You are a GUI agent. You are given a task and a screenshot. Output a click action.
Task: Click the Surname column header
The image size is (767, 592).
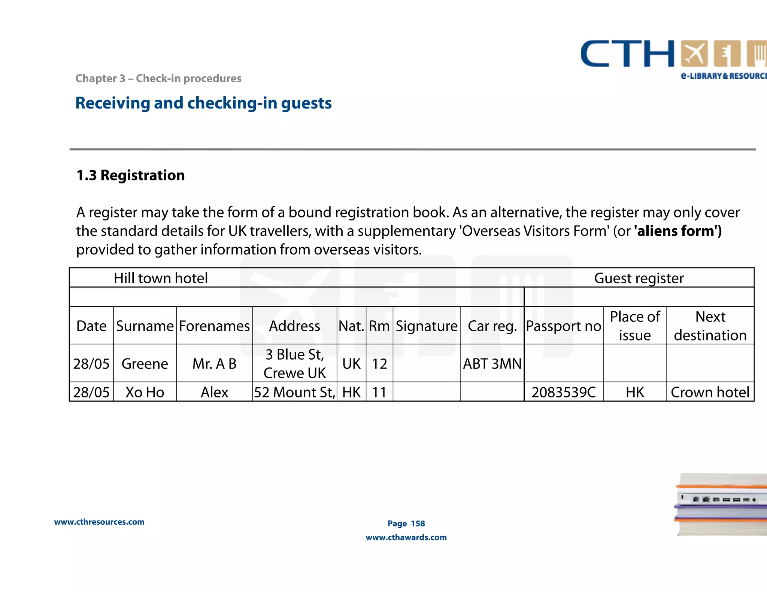145,326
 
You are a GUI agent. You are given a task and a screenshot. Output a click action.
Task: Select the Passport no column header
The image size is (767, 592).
563,326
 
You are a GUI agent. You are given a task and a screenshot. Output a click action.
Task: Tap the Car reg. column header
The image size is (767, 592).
492,326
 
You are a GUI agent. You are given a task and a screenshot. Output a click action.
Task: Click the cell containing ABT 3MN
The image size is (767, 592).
492,364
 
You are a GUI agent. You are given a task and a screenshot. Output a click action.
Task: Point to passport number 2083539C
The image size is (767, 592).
563,392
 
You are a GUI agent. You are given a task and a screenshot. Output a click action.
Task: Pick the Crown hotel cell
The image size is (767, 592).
710,392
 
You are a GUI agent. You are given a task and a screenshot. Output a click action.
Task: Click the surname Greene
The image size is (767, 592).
145,364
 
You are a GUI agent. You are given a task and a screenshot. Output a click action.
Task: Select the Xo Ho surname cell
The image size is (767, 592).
145,392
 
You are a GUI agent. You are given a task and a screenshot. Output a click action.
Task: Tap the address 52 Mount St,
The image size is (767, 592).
295,392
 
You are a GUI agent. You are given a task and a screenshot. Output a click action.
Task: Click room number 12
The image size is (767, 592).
379,364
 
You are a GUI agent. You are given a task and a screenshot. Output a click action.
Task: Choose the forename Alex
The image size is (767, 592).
215,392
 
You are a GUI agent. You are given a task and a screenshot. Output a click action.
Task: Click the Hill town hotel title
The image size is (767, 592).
161,278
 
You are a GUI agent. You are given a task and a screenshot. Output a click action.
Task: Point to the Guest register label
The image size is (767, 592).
639,278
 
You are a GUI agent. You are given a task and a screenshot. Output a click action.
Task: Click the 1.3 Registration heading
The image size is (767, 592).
131,175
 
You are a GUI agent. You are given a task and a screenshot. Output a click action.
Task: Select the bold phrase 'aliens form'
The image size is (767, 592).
677,231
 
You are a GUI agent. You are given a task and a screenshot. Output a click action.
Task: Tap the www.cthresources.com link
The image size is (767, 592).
99,522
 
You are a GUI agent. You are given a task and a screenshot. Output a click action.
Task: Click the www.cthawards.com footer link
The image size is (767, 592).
406,537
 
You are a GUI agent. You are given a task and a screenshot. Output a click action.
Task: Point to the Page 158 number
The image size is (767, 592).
406,524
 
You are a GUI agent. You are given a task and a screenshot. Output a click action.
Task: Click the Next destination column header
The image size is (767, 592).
710,326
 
